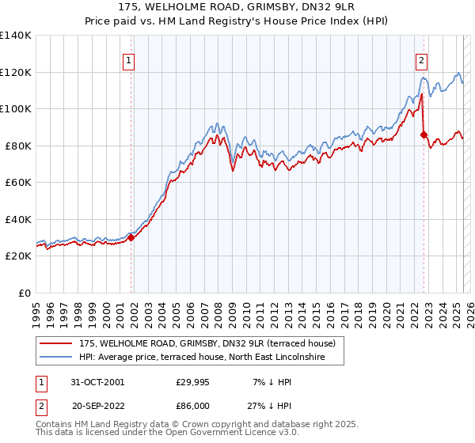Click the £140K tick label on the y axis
16,36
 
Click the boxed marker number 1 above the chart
128,59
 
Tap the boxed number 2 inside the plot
422,59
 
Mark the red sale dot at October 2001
131,238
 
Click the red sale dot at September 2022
424,134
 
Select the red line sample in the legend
58,343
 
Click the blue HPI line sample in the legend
58,357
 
